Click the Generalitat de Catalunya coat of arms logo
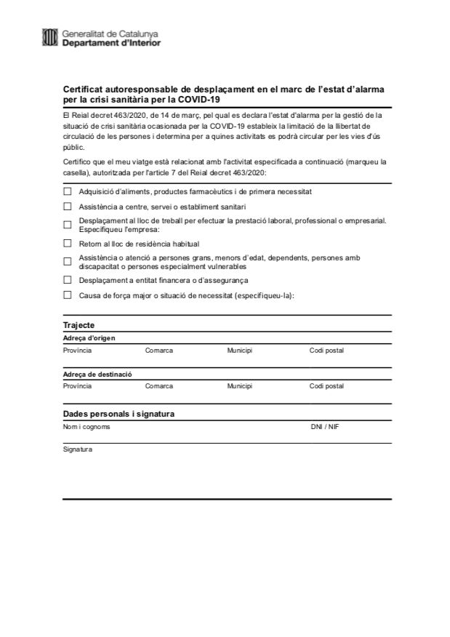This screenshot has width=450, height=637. click(50, 37)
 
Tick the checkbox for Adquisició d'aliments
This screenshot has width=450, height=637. click(68, 191)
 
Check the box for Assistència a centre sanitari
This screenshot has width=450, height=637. click(68, 207)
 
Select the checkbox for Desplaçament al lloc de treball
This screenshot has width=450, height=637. click(68, 225)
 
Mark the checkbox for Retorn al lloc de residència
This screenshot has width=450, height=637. click(68, 244)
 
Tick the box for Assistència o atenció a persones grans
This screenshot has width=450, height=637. click(68, 261)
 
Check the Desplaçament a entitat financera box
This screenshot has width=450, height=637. click(68, 279)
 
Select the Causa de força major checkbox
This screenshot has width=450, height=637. click(68, 295)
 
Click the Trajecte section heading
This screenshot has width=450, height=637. click(79, 325)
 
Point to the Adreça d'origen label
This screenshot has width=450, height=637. click(89, 338)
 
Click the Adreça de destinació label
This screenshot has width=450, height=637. click(97, 374)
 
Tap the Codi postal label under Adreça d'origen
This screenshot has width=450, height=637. click(326, 350)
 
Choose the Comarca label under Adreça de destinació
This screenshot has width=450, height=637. click(158, 386)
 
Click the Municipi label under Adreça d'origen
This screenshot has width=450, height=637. click(239, 350)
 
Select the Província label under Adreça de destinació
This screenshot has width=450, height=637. click(77, 386)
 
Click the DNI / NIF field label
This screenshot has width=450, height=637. click(324, 427)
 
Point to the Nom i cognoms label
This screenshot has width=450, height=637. click(87, 427)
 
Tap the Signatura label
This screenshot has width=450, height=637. click(78, 449)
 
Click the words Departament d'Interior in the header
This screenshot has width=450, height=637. click(112, 43)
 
